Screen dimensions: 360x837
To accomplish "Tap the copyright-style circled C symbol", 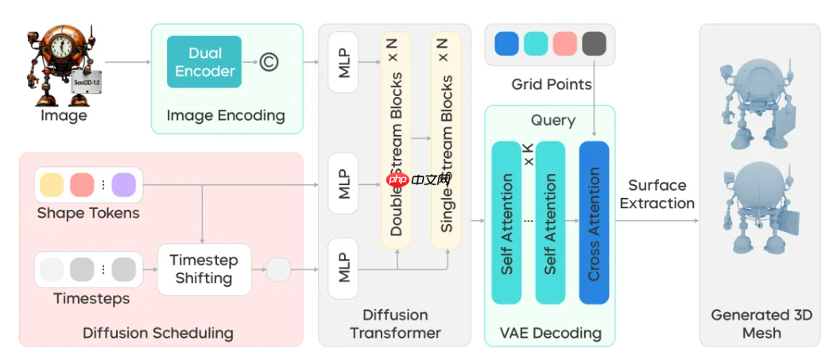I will click(x=269, y=62).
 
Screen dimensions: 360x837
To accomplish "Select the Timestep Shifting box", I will click(x=203, y=269).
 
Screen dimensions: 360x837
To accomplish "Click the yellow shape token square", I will click(x=52, y=184).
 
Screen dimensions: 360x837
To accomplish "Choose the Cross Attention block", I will click(x=594, y=223).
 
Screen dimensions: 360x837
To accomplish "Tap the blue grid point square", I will click(x=506, y=44).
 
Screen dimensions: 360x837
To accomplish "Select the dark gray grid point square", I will click(x=594, y=44).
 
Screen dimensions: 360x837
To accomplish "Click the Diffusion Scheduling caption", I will click(x=158, y=333).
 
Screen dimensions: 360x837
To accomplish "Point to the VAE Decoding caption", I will click(x=550, y=333).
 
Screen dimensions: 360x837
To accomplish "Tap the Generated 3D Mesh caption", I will click(x=761, y=323).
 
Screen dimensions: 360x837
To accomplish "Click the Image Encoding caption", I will click(x=226, y=115).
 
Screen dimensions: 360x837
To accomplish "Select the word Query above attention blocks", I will click(x=552, y=120).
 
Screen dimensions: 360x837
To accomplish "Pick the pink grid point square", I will click(x=564, y=44).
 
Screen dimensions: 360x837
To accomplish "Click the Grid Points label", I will click(x=551, y=83).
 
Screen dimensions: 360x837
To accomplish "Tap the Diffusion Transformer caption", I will click(x=395, y=323).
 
